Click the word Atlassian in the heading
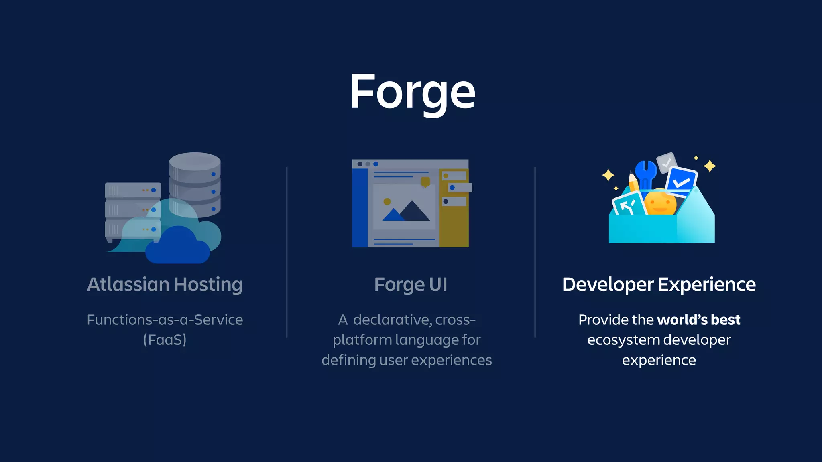coord(128,284)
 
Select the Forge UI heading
coord(411,285)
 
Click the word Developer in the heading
coord(608,285)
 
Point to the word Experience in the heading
coord(707,285)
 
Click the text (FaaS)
coord(165,340)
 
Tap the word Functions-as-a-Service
coord(165,320)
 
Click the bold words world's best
coord(699,320)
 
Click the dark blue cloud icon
coord(177,247)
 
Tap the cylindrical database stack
coord(195,182)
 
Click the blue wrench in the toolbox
coord(646,173)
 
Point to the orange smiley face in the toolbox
coord(660,203)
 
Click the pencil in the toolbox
coord(633,182)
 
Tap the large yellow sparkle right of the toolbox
coord(710,166)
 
